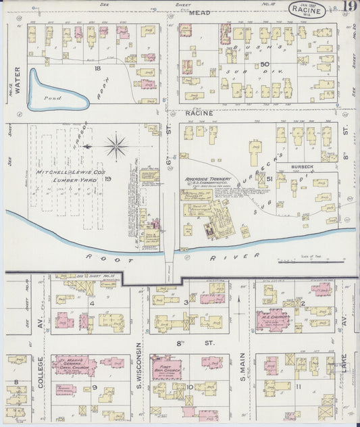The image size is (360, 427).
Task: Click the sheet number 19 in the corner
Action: pos(349,7)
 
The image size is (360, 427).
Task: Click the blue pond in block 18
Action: pos(54,97)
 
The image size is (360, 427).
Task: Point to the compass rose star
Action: pos(117,146)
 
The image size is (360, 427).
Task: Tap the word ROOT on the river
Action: pos(100,257)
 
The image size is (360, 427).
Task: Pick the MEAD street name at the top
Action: pos(199,13)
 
